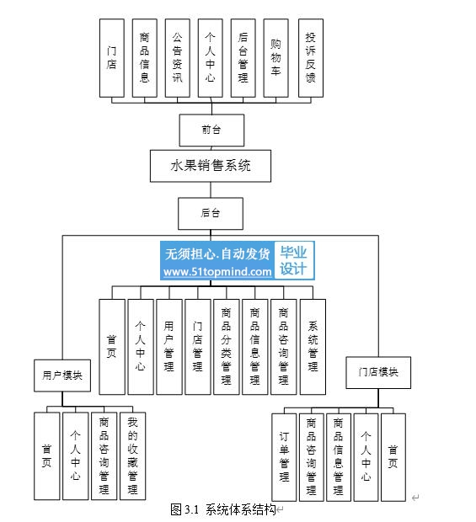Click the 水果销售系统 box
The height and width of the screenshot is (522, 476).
(210, 166)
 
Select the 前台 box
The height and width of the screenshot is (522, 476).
(211, 130)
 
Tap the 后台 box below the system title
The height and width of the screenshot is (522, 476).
(211, 213)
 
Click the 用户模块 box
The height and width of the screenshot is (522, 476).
(62, 376)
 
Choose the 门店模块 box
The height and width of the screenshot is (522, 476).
(378, 372)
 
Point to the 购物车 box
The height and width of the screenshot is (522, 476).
(275, 58)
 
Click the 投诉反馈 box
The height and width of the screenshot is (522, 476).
(311, 58)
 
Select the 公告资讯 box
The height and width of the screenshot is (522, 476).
(178, 58)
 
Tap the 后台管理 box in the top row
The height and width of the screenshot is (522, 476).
(243, 58)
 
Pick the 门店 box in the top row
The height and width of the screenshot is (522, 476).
(112, 58)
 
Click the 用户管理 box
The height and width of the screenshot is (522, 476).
(169, 347)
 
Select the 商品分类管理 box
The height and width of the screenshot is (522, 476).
(227, 347)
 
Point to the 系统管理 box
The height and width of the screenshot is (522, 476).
(313, 347)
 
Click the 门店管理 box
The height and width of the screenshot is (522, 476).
(198, 347)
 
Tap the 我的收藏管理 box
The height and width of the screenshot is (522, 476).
(132, 456)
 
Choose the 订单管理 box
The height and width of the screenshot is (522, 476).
(284, 457)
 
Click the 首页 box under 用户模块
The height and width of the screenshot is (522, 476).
(47, 456)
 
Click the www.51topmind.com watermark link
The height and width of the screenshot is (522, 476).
(217, 272)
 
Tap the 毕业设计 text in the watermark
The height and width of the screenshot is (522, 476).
(293, 261)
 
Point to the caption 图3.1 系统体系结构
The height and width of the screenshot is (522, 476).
(223, 509)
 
